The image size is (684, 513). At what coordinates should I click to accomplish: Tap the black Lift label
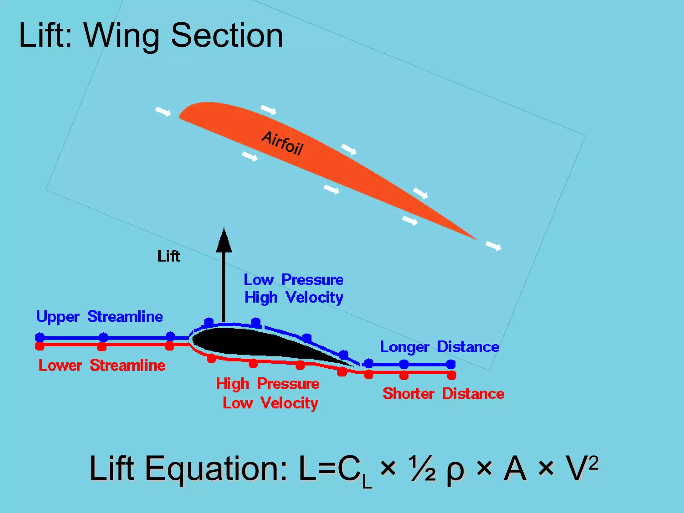pyautogui.click(x=169, y=256)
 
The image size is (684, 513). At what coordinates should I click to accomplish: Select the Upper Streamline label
pyautogui.click(x=99, y=317)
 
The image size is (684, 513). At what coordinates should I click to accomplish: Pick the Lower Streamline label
pyautogui.click(x=102, y=365)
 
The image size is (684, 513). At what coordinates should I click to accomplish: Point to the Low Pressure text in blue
pyautogui.click(x=294, y=280)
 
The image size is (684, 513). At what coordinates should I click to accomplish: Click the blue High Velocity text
pyautogui.click(x=294, y=297)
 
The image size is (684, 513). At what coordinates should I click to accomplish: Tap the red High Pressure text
pyautogui.click(x=268, y=384)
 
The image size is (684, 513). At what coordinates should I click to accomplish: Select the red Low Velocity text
pyautogui.click(x=270, y=403)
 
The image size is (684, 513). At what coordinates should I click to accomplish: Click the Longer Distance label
pyautogui.click(x=440, y=347)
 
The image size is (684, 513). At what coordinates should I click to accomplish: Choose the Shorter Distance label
pyautogui.click(x=443, y=394)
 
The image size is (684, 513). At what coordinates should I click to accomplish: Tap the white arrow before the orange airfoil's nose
pyautogui.click(x=163, y=112)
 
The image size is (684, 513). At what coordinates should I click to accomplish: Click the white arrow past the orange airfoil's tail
pyautogui.click(x=493, y=246)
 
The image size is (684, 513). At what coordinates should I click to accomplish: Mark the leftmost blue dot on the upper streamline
pyautogui.click(x=40, y=337)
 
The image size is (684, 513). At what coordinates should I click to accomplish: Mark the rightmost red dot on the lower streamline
pyautogui.click(x=452, y=376)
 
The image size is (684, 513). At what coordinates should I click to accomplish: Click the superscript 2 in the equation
pyautogui.click(x=593, y=463)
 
